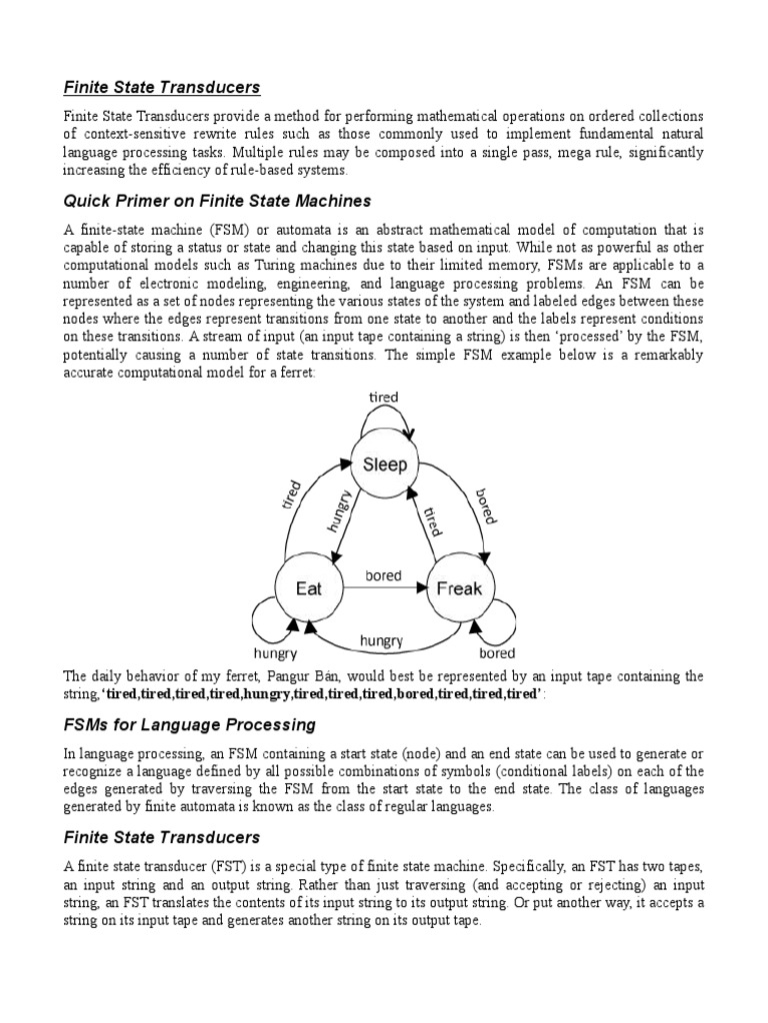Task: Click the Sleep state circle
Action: click(385, 466)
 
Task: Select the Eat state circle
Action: click(309, 588)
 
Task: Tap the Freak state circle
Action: click(459, 588)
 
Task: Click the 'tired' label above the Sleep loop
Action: click(383, 398)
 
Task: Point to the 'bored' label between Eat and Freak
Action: click(383, 575)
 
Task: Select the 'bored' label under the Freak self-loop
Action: click(496, 653)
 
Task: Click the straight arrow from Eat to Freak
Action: click(383, 589)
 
